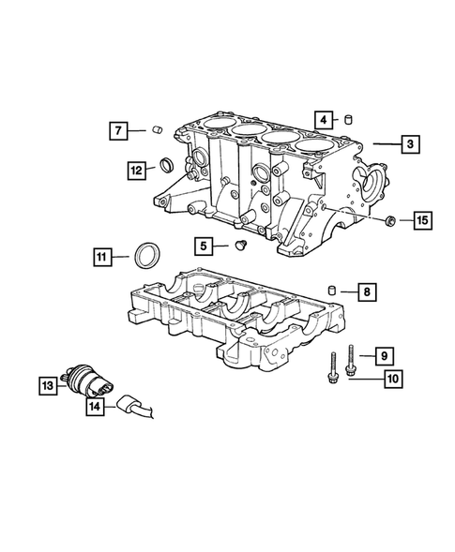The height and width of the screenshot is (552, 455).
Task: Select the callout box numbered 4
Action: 322,119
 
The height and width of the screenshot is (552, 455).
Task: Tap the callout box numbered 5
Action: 204,246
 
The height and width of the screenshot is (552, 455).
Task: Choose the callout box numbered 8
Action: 365,292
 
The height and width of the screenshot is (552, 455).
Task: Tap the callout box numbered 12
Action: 138,170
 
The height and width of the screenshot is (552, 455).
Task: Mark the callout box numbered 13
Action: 48,384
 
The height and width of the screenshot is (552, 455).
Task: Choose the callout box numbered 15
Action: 421,221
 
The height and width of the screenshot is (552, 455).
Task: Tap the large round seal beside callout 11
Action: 147,254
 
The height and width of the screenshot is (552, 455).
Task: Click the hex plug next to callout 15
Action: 388,221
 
